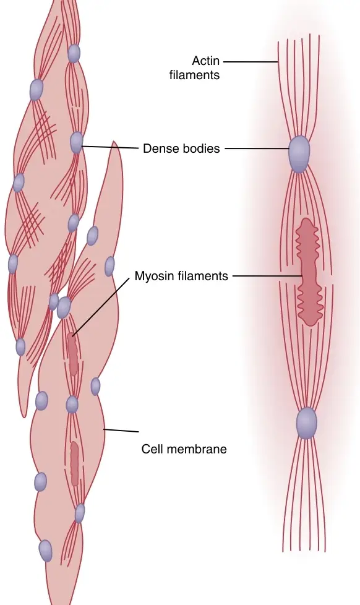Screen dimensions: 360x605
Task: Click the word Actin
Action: pyautogui.click(x=205, y=61)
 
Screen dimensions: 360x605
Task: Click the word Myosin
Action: pyautogui.click(x=152, y=277)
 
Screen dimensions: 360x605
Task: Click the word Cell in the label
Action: pyautogui.click(x=155, y=449)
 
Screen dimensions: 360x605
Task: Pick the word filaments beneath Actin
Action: pyautogui.click(x=194, y=75)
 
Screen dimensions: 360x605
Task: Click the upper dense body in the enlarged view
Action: pyautogui.click(x=299, y=153)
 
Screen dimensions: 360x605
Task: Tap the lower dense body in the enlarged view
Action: pyautogui.click(x=306, y=423)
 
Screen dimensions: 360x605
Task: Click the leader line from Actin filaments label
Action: pyautogui.click(x=251, y=61)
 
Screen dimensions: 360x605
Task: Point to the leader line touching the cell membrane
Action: pyautogui.click(x=121, y=430)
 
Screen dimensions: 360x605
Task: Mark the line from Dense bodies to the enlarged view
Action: pyautogui.click(x=257, y=148)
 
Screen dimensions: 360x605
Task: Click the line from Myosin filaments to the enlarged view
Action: pyautogui.click(x=267, y=277)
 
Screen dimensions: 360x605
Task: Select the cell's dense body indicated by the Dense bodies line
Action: pyautogui.click(x=77, y=142)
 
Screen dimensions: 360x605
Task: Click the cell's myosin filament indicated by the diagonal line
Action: pyautogui.click(x=72, y=354)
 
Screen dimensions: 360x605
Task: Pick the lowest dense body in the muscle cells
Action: pyautogui.click(x=46, y=551)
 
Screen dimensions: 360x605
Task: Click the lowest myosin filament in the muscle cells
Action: pyautogui.click(x=74, y=464)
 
